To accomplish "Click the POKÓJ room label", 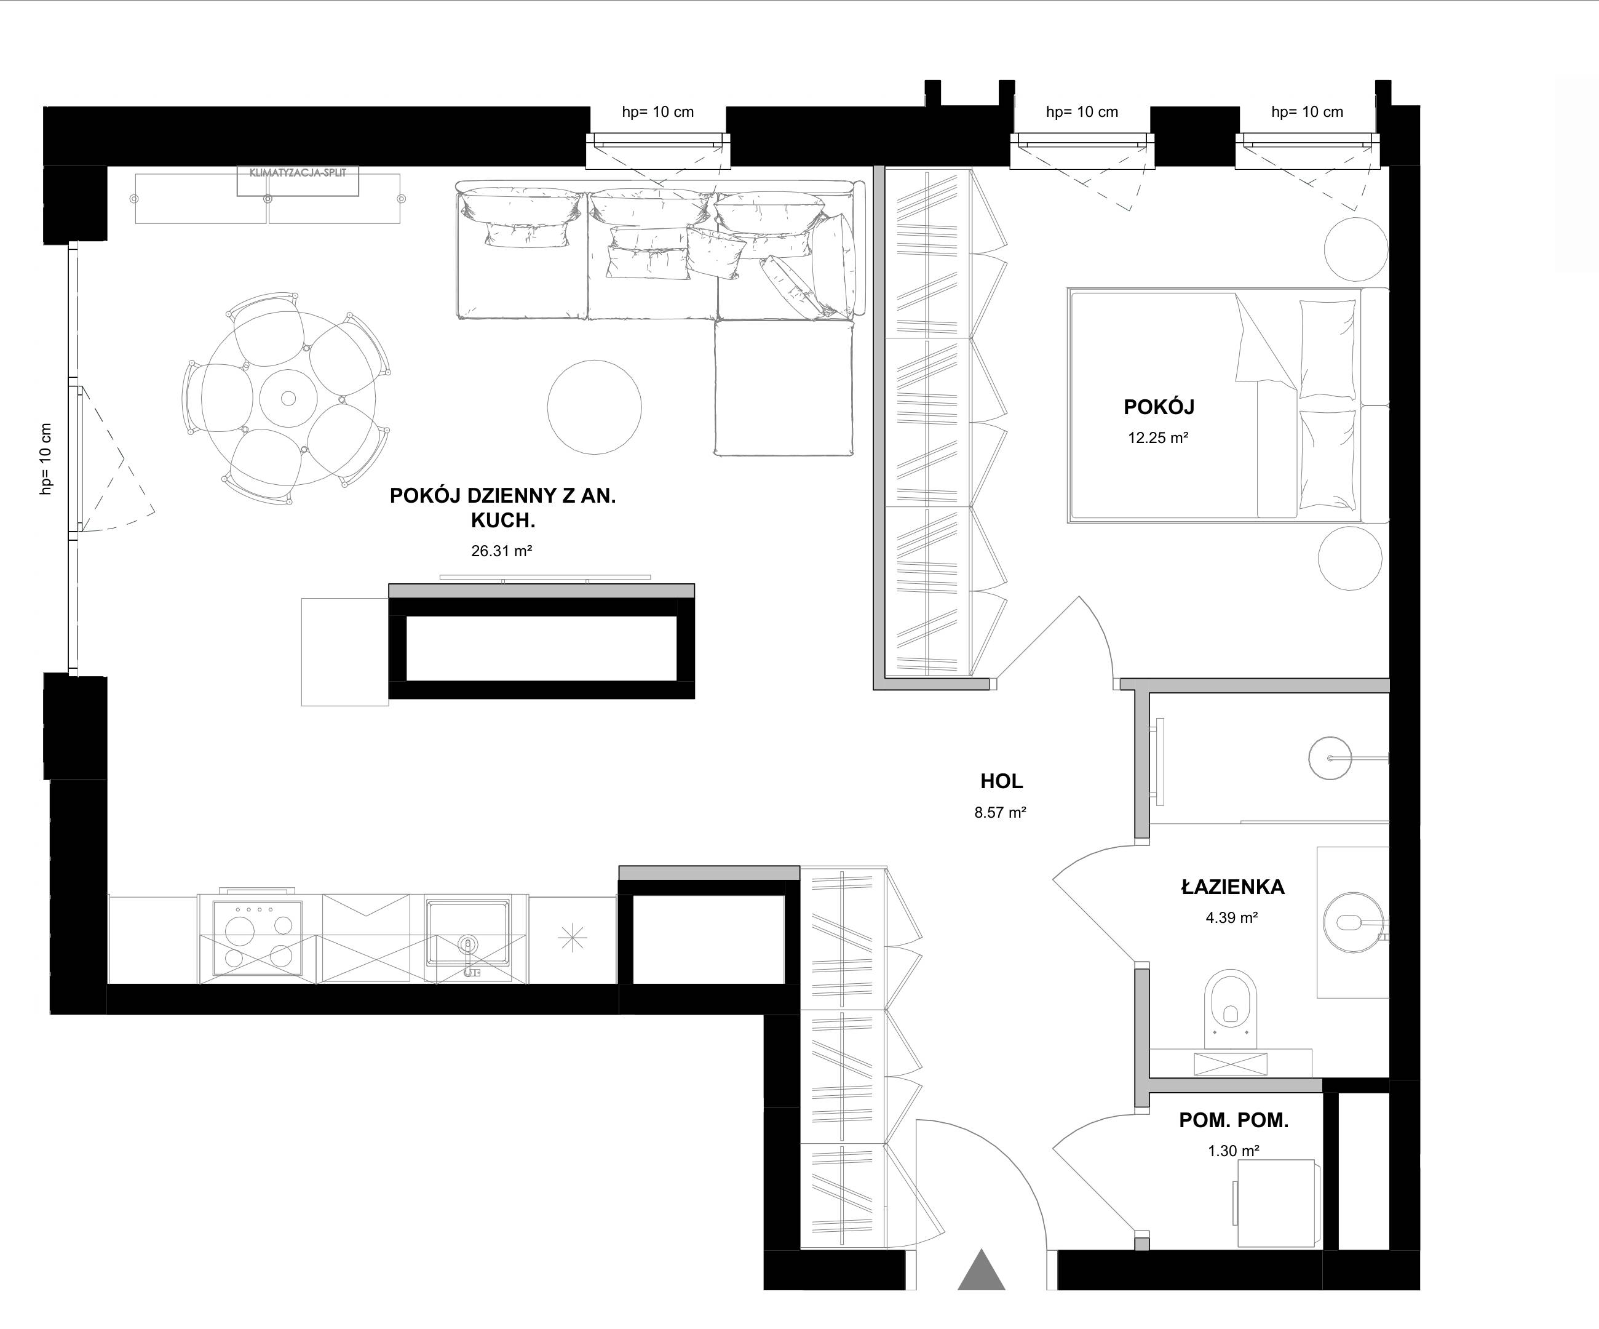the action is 1159,407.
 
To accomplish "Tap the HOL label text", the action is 1001,781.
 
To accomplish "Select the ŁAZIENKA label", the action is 1232,887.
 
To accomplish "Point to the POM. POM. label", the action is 1234,1120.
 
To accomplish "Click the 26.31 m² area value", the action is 501,551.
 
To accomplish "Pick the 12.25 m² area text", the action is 1158,438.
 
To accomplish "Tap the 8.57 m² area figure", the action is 1001,813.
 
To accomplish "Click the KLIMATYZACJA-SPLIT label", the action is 298,173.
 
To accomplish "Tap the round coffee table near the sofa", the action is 595,407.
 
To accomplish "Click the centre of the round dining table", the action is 288,397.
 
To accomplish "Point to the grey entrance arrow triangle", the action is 982,1269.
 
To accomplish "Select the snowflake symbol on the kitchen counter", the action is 573,938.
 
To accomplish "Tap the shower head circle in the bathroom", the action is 1330,758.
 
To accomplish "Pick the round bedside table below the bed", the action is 1350,557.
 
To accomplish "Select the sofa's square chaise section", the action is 784,388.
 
